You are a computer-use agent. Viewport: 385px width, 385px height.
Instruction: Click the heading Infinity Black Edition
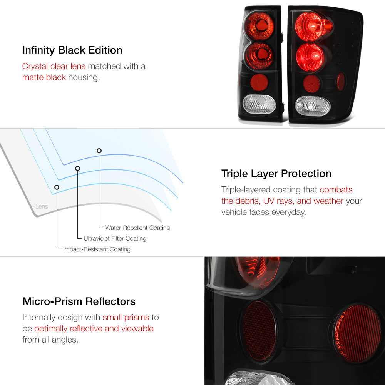tap(72, 50)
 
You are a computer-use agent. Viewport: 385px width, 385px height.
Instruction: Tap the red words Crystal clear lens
tap(54, 66)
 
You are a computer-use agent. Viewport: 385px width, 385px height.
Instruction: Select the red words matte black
tap(44, 77)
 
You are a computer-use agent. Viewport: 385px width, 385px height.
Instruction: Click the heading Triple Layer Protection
tap(276, 174)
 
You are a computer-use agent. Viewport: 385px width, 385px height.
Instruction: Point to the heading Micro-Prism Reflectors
tap(79, 301)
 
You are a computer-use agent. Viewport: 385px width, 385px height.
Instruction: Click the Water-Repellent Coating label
tap(137, 228)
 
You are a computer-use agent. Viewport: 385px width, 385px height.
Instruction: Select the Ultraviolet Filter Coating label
tap(115, 238)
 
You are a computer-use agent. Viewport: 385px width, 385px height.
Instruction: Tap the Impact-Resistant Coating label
tap(97, 249)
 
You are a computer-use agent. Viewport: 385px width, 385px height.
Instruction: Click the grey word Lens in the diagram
tap(42, 206)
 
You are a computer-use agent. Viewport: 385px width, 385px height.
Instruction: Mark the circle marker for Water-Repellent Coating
tap(99, 151)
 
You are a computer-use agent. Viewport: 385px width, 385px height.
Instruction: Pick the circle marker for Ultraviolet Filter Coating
tap(78, 169)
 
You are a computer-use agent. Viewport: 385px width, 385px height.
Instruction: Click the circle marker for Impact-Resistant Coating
tap(57, 187)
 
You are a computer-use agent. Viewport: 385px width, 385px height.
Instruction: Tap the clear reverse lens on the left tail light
tap(259, 104)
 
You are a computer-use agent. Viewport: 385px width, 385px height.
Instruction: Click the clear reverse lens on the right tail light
tap(313, 106)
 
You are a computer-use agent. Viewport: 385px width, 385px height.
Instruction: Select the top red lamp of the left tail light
tap(259, 26)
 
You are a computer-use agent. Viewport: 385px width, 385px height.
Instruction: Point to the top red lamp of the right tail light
tap(310, 27)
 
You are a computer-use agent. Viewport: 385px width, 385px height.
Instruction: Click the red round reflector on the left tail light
tap(259, 82)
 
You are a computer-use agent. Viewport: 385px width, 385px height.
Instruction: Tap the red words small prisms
tap(126, 318)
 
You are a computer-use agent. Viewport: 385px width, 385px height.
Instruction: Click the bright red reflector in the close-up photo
tap(358, 333)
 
